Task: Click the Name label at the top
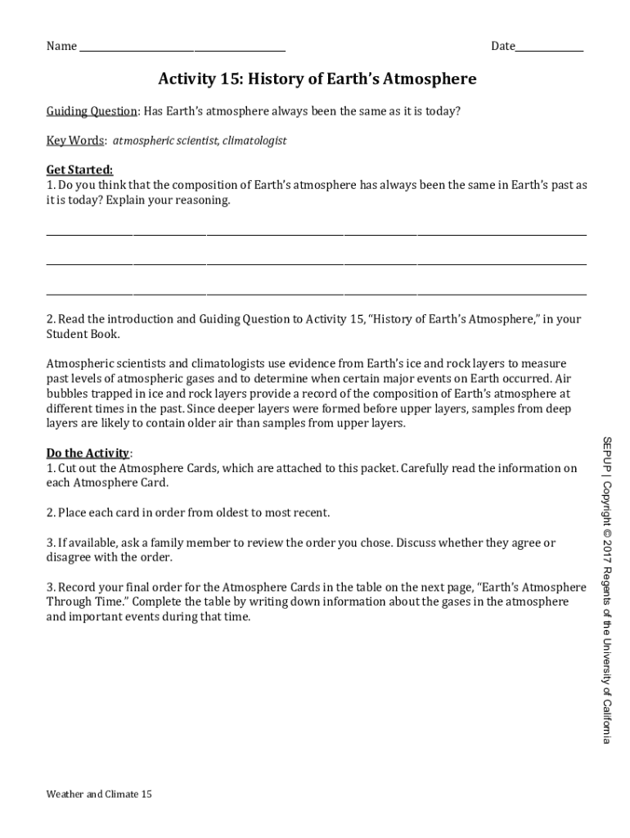[x=61, y=46]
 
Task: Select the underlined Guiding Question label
[x=92, y=111]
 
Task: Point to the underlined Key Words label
[x=74, y=141]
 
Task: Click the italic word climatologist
[x=254, y=141]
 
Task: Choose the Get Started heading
[x=79, y=170]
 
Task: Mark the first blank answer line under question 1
[x=316, y=235]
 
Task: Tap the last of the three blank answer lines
[x=316, y=294]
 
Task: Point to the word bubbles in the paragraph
[x=66, y=394]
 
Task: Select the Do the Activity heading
[x=88, y=453]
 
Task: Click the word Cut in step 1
[x=67, y=468]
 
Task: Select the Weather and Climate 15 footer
[x=99, y=794]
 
